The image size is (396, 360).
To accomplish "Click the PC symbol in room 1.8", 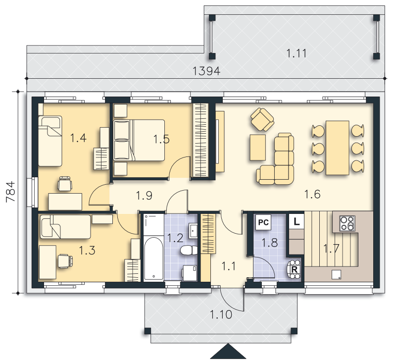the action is coord(263,222).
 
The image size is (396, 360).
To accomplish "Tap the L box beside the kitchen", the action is coord(297,221).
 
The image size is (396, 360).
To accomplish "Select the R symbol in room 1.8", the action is coord(294,269).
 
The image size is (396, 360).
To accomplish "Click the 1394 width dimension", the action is coord(206,71).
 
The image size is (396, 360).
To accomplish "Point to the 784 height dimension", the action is coord(11,192).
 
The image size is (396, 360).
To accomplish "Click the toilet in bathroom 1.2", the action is coord(189,251).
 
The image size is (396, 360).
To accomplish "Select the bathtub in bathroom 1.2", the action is coord(153,258).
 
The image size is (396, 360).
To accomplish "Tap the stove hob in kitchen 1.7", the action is coord(347,223).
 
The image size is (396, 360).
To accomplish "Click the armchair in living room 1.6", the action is coord(262,119).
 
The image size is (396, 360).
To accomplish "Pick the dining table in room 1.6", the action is coord(338,148).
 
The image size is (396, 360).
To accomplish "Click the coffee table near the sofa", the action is coord(257,147).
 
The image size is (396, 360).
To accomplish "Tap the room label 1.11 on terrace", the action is coord(296,53).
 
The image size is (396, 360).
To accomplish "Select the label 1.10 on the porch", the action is coord(221,314).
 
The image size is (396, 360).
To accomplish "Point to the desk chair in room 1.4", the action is coord(65,184).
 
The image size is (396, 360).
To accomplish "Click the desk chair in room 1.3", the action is coord(65,261).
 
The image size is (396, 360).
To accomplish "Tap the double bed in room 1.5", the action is coord(139,140).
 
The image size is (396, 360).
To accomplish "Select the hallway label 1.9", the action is coord(144,196).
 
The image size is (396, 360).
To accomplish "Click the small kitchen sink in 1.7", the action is coord(337,274).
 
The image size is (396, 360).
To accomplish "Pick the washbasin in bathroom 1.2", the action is coord(193,231).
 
